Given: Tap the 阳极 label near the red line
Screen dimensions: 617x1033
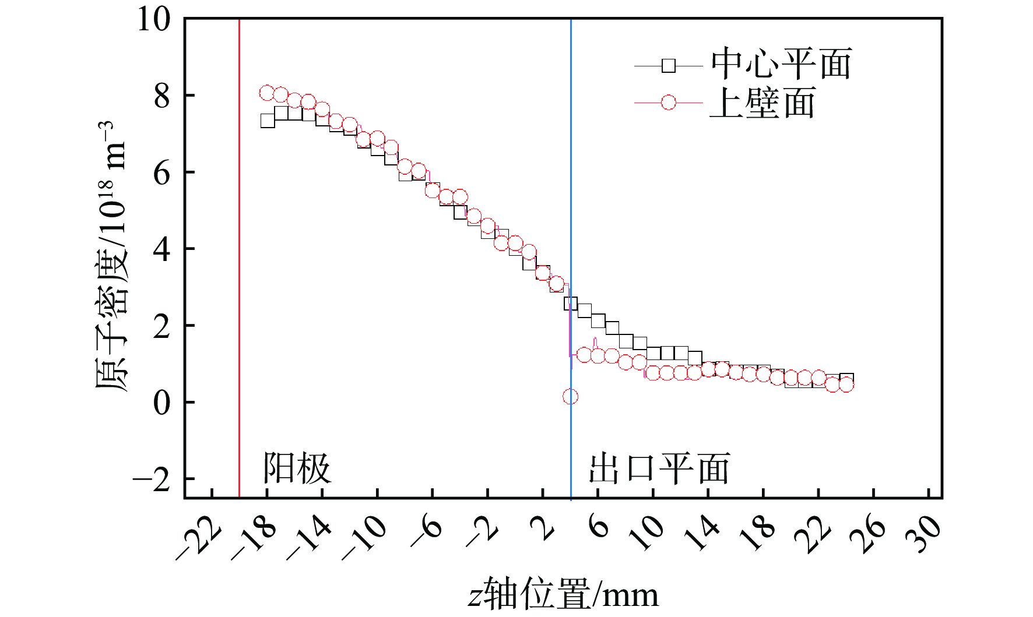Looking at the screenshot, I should pos(297,468).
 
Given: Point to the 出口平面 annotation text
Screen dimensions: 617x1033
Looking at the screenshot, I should pos(659,468).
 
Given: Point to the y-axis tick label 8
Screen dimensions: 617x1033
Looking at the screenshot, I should pos(162,96).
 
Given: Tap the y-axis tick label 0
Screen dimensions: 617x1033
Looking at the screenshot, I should pos(162,403).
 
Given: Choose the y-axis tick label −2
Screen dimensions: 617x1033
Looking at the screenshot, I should pos(153,480).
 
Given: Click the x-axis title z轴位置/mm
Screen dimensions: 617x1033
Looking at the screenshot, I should pos(563,595).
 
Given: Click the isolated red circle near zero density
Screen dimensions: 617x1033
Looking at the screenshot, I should pos(570,397).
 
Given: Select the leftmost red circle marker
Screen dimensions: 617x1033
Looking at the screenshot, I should pos(267,93).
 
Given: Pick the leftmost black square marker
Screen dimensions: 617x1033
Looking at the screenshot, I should pos(268,121).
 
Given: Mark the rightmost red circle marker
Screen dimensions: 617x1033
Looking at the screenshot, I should pos(846,385).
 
